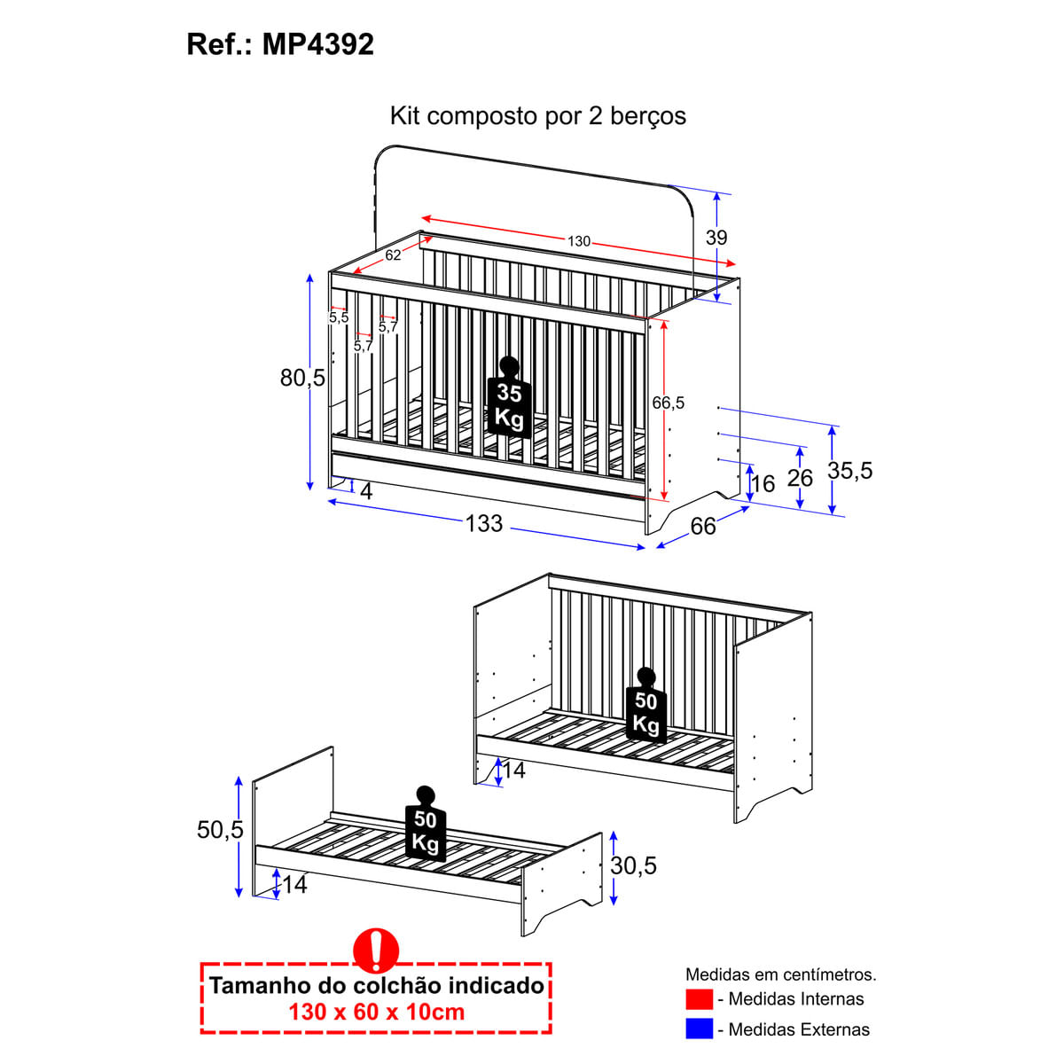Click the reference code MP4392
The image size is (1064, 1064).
[318, 44]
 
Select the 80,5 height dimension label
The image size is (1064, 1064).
[302, 379]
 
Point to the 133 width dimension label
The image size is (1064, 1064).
[484, 523]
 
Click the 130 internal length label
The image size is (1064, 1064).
[579, 241]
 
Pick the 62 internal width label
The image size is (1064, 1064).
[393, 255]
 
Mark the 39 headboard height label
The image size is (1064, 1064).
[716, 238]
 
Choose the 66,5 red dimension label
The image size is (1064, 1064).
[669, 403]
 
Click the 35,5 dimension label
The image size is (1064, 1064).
[849, 471]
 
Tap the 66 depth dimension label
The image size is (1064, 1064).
[703, 526]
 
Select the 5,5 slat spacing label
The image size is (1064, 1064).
[339, 317]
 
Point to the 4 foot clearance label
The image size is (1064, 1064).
[366, 491]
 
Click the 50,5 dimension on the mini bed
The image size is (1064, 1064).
[220, 830]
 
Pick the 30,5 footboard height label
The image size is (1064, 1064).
[633, 865]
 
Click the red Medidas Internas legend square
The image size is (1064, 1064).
[699, 999]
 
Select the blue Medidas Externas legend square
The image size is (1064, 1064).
[699, 1029]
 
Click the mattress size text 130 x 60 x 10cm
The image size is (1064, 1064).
[377, 1012]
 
